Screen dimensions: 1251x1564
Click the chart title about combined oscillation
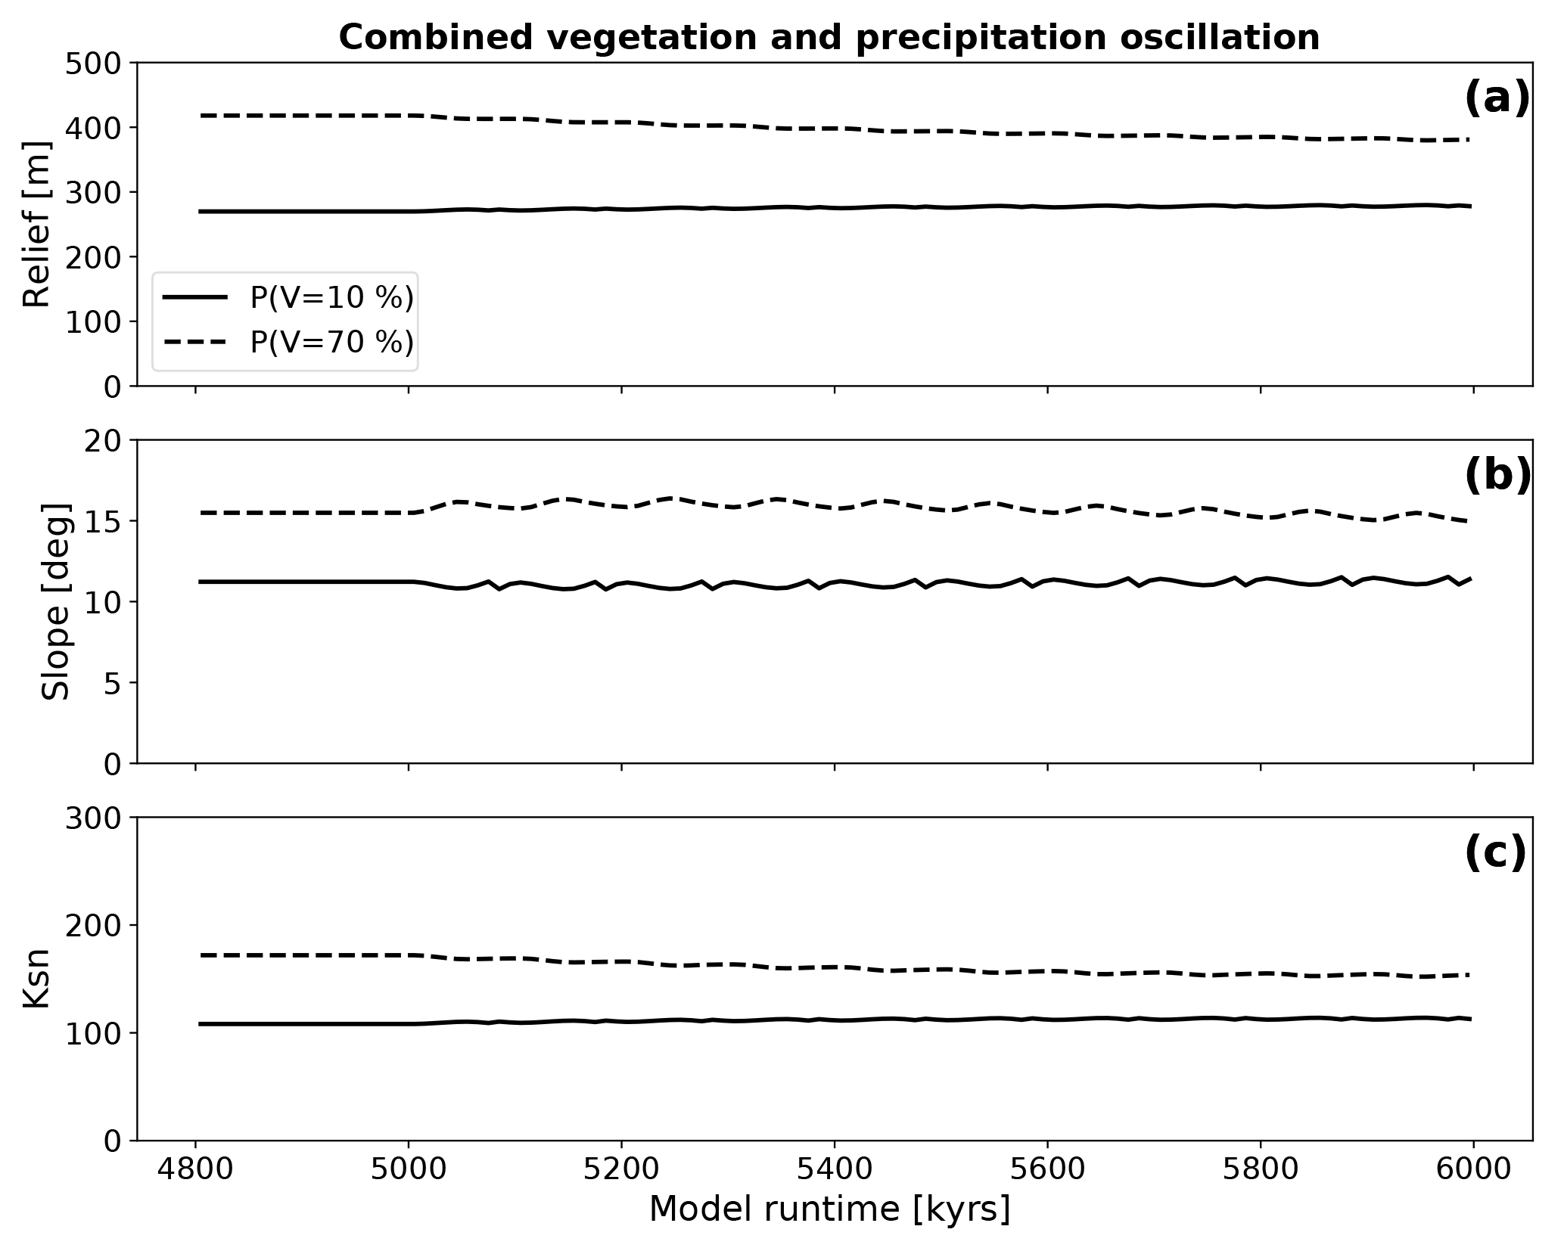(829, 38)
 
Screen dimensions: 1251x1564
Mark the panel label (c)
(1495, 855)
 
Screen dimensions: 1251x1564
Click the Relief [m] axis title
(36, 224)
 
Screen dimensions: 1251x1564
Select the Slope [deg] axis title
(55, 601)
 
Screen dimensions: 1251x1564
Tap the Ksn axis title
(36, 979)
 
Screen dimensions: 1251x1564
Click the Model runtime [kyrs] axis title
(829, 1209)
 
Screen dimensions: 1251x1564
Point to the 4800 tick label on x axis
(196, 1169)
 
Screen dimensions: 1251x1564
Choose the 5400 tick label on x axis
(835, 1169)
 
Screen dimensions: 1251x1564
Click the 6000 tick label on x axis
(1473, 1169)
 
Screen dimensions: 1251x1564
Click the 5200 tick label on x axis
(621, 1169)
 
